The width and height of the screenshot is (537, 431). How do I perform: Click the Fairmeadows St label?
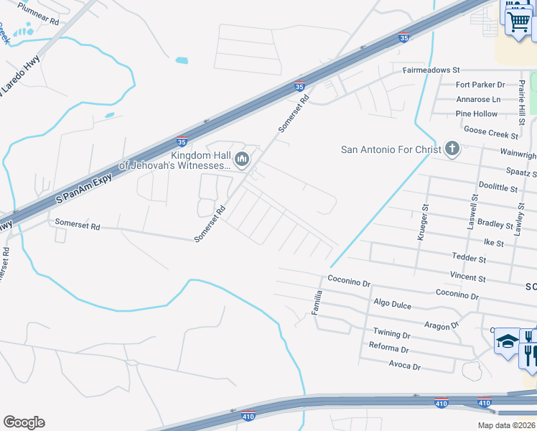pyautogui.click(x=431, y=70)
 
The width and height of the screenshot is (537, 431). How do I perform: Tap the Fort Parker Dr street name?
pyautogui.click(x=481, y=85)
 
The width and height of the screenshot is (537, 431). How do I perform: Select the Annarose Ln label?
pyautogui.click(x=478, y=99)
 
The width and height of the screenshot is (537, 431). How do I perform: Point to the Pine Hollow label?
pyautogui.click(x=476, y=113)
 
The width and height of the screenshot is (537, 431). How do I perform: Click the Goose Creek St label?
pyautogui.click(x=491, y=131)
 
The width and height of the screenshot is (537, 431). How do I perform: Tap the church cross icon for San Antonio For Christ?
pyautogui.click(x=452, y=149)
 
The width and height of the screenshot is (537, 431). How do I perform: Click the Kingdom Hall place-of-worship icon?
pyautogui.click(x=242, y=159)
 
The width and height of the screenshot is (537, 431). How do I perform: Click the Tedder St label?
pyautogui.click(x=469, y=258)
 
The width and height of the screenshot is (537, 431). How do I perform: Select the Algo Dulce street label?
pyautogui.click(x=392, y=305)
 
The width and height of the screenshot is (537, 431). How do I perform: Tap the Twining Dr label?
pyautogui.click(x=391, y=334)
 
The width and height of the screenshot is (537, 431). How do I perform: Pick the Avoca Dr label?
pyautogui.click(x=405, y=366)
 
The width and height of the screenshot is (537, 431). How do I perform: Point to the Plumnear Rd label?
pyautogui.click(x=38, y=13)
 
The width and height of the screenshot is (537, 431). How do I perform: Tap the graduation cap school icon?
pyautogui.click(x=507, y=341)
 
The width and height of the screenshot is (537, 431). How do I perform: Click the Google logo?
pyautogui.click(x=24, y=422)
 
